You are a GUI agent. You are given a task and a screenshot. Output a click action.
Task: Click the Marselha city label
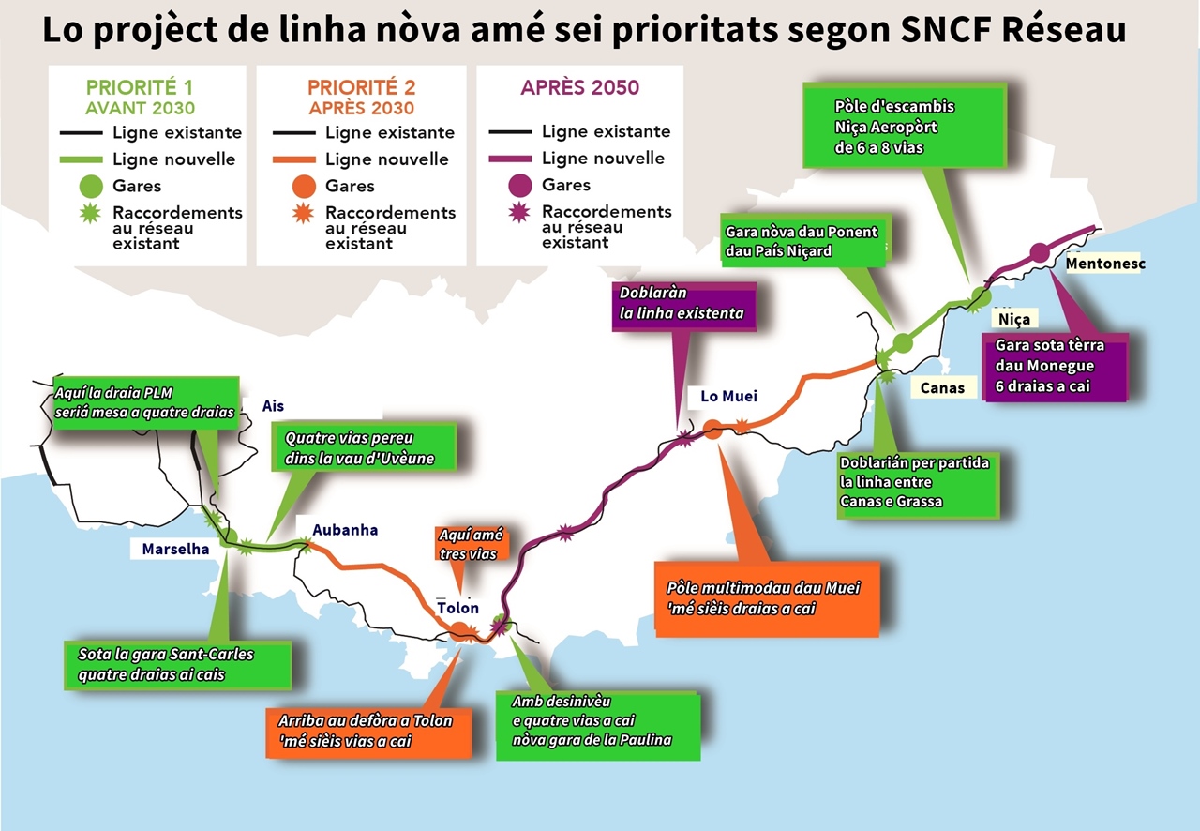175,549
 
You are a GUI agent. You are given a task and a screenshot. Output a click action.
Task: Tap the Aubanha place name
345,530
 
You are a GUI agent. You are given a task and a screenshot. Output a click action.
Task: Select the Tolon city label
458,608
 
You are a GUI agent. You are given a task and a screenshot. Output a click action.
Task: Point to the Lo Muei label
728,397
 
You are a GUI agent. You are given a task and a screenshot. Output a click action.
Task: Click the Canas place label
942,387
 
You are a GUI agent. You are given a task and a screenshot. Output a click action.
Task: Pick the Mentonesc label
1105,264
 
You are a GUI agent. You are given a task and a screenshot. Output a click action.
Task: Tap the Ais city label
273,406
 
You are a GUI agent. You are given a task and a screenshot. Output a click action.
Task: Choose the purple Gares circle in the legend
521,185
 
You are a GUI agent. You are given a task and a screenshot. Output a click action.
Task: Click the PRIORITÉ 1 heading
141,87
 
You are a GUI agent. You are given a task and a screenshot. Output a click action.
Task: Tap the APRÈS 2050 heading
580,88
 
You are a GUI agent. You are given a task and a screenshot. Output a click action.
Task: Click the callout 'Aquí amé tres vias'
471,544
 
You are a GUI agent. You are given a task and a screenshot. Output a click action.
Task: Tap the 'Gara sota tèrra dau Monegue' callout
1050,365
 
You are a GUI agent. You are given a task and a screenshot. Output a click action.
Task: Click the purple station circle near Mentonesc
1039,252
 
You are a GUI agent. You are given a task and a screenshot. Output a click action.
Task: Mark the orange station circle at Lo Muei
712,430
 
